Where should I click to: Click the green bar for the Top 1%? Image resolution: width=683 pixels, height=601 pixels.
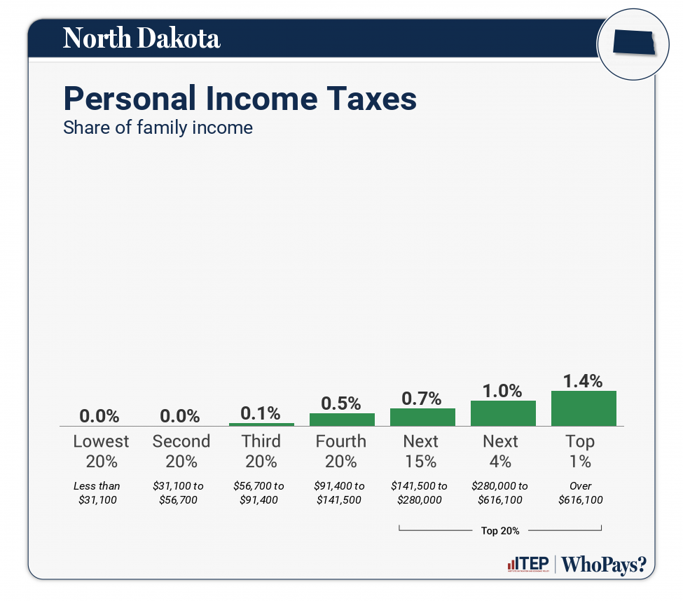[x=584, y=408]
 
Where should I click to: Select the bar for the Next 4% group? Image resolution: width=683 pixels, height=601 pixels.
[x=503, y=413]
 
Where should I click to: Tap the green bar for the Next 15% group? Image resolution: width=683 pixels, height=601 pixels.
[x=422, y=417]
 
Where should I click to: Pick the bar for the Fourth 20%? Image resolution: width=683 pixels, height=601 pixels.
[x=342, y=419]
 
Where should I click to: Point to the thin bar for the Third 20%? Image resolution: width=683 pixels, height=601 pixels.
[x=261, y=424]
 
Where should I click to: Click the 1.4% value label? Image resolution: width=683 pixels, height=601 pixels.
[x=583, y=381]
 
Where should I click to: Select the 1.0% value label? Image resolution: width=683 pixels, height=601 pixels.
[x=502, y=391]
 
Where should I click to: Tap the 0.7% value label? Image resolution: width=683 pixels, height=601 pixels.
[x=422, y=399]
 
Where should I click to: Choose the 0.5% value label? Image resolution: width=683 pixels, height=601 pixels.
[x=341, y=403]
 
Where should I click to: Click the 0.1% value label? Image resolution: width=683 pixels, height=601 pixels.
[x=261, y=413]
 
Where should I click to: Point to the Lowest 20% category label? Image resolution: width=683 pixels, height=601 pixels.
[x=101, y=451]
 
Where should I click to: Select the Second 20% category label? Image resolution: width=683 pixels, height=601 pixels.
[x=181, y=451]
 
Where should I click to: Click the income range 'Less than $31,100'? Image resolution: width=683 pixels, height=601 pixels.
[x=97, y=492]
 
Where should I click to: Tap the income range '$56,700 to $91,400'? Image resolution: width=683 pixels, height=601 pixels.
[x=259, y=492]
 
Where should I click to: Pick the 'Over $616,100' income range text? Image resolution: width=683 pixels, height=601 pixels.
[x=580, y=492]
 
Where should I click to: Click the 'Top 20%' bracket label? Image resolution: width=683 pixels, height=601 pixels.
[x=500, y=530]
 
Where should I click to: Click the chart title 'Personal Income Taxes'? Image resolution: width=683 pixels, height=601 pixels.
[x=240, y=99]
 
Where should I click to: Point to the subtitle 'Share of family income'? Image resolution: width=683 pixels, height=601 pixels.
[x=158, y=127]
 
